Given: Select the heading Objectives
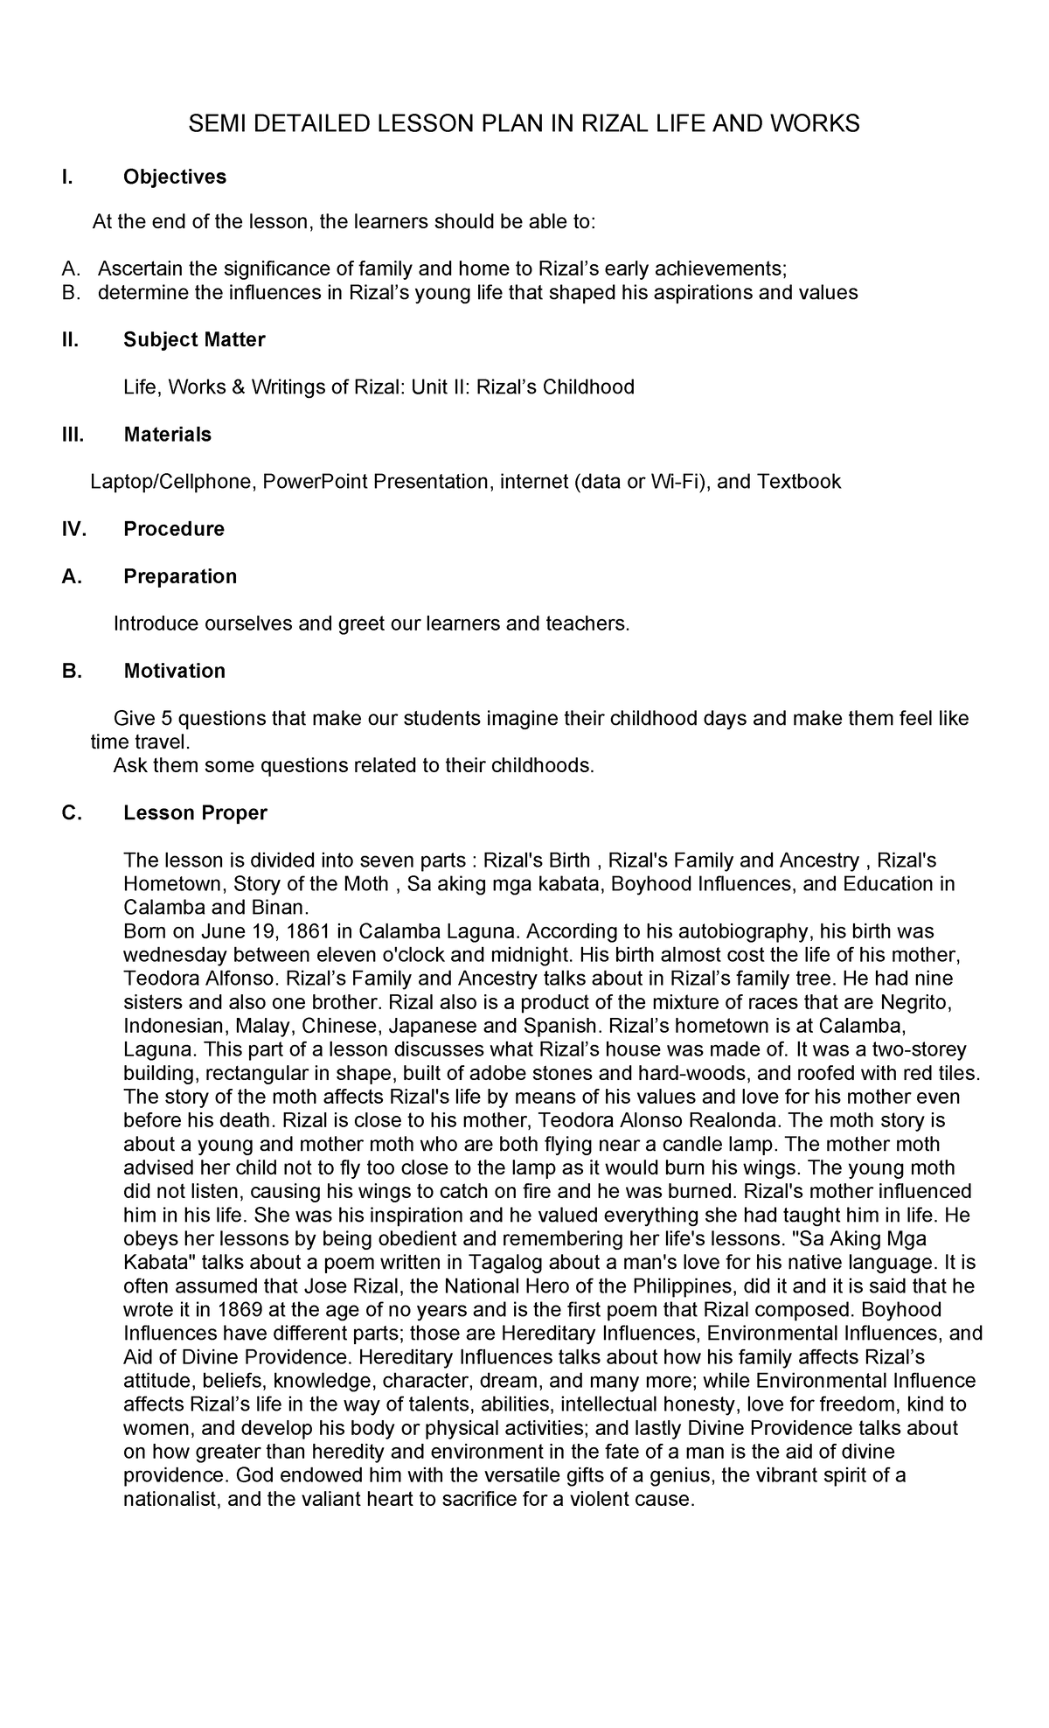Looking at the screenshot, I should [174, 177].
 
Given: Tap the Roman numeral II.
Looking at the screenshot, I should [70, 339].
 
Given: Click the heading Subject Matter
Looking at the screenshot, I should [194, 339].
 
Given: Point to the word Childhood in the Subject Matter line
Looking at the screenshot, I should [589, 387].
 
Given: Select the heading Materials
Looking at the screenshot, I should [167, 435].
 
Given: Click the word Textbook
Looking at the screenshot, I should [798, 481].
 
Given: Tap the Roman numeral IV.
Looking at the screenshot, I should [73, 529].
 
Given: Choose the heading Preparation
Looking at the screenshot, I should [179, 576].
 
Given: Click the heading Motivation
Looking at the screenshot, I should [174, 671].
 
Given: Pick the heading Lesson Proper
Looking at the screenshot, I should [195, 812].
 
